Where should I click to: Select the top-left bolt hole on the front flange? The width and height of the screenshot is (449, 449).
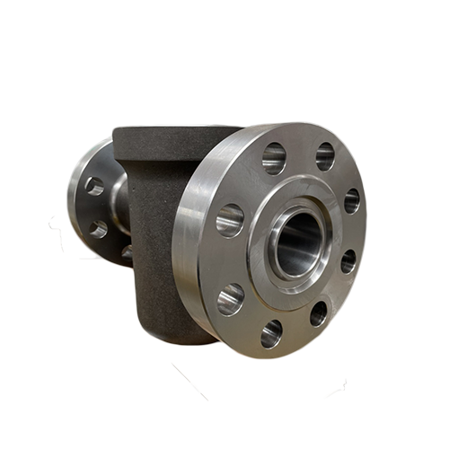(273, 159)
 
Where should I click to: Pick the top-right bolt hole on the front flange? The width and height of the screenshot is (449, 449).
(324, 156)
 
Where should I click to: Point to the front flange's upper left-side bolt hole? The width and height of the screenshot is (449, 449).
(230, 220)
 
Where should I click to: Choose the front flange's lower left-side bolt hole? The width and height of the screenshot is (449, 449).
(230, 298)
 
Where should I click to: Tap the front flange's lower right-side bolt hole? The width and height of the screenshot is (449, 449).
(348, 261)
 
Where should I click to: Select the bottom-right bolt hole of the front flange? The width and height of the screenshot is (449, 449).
(319, 313)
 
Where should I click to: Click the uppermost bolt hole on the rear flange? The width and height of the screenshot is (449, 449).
(94, 186)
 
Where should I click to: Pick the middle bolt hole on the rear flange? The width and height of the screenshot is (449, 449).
(97, 229)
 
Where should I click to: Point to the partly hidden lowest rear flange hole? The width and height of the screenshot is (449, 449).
(127, 252)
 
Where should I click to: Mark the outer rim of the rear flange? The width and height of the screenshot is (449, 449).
(72, 193)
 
